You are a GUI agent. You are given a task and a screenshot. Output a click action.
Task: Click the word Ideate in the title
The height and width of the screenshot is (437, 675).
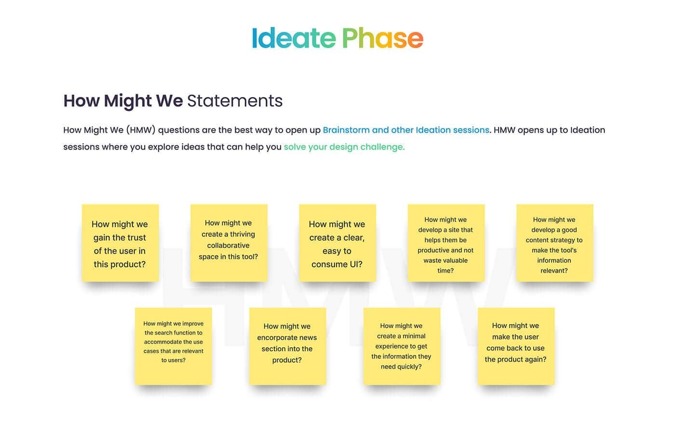point(294,38)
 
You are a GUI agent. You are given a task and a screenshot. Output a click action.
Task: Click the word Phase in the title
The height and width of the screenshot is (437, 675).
point(383,38)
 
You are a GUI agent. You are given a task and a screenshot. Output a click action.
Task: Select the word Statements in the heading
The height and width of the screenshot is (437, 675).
point(235,101)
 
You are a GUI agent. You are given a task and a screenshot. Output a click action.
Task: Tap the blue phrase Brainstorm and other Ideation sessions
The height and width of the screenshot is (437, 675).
point(406,130)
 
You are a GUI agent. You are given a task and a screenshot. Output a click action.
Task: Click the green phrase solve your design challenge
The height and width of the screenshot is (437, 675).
point(344,147)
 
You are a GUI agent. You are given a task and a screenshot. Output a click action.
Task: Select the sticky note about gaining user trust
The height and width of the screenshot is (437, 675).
point(120,243)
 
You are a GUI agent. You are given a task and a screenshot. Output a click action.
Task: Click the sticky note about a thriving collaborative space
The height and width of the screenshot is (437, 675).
point(229,243)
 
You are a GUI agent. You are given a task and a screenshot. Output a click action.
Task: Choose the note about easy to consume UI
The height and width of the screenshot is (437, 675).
point(337,243)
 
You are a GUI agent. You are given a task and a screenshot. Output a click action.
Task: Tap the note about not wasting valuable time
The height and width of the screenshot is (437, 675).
point(446,243)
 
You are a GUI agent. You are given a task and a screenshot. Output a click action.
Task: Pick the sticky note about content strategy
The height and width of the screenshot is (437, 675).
point(555,243)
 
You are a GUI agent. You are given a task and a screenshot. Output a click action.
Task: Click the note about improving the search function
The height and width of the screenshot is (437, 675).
point(174,346)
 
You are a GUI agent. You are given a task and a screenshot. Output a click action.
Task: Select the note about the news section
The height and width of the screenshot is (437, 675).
point(288,346)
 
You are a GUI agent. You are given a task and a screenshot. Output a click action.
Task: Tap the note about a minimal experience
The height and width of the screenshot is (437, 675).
point(402,346)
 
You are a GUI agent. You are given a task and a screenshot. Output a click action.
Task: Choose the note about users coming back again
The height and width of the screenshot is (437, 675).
point(516,346)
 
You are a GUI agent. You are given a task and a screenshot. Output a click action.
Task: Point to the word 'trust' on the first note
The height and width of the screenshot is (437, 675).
point(136,237)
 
